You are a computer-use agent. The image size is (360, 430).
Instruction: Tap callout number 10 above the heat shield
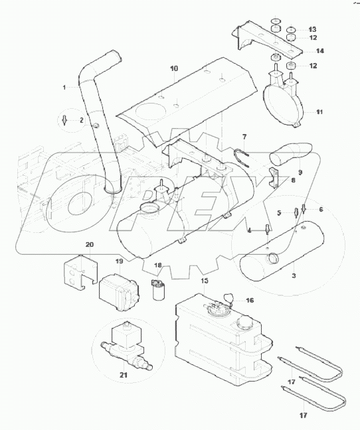[174, 68]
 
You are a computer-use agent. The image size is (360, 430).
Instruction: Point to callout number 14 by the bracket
[319, 50]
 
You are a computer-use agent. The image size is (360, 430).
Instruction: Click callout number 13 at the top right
[312, 29]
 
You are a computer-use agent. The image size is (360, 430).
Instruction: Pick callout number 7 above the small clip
[244, 137]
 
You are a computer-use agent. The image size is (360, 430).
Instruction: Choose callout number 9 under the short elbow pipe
[300, 172]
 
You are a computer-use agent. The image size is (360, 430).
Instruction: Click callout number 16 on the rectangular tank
[250, 300]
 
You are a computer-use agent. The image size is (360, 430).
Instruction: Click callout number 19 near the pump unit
[120, 261]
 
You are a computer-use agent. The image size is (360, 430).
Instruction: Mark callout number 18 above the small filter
[158, 265]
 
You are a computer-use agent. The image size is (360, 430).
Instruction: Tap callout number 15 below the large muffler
[204, 281]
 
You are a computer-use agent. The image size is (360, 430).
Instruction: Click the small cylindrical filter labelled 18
[159, 290]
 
